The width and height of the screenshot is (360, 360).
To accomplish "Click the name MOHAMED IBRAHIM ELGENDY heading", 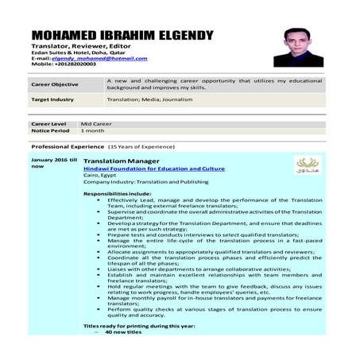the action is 122,36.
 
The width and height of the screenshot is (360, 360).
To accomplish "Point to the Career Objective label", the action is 55,84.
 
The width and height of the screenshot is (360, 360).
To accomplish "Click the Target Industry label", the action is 52,100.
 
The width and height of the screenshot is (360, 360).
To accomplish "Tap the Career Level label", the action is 50,124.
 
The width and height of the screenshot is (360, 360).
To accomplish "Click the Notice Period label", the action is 51,130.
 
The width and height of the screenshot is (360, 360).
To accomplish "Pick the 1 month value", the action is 93,130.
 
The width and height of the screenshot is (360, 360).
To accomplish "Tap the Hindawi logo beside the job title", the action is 304,164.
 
